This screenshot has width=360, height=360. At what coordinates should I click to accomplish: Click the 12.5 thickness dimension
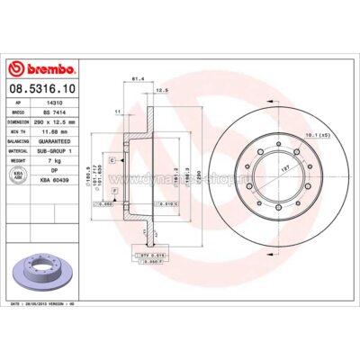coord(163,91)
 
